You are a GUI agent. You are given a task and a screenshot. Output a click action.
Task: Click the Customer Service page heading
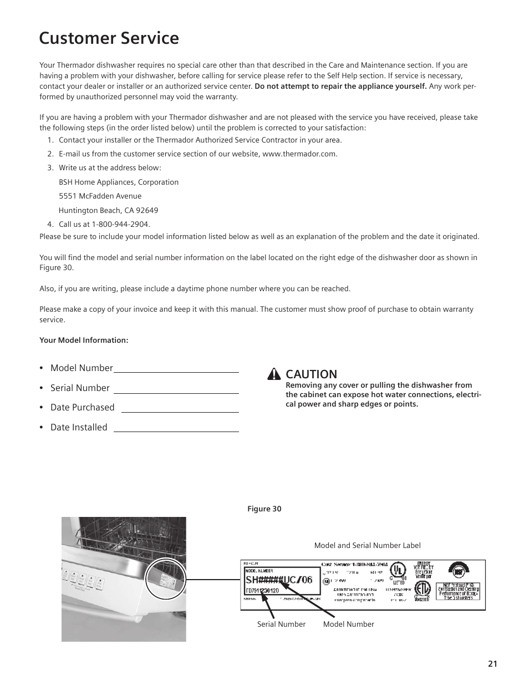tap(109, 38)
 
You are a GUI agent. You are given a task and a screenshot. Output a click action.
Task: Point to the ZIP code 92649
tap(146, 210)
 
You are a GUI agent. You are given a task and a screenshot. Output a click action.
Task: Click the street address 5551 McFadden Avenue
tap(100, 196)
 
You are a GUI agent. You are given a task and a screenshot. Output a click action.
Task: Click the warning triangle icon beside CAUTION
tap(274, 374)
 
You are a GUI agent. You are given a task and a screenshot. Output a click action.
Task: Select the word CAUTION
tap(311, 374)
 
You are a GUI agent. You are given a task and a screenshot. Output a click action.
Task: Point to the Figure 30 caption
tap(264, 509)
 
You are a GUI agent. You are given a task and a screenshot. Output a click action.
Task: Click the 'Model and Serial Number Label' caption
tap(367, 545)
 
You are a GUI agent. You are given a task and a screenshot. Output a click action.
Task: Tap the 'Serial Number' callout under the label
tap(281, 624)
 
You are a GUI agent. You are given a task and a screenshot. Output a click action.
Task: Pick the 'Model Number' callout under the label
tap(348, 624)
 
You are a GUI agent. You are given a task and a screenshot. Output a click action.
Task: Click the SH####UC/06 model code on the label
tap(279, 580)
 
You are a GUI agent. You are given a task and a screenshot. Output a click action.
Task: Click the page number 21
tap(492, 664)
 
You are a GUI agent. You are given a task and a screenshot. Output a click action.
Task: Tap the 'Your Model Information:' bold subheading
tap(84, 340)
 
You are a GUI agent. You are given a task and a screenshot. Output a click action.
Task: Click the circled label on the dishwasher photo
tap(166, 577)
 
